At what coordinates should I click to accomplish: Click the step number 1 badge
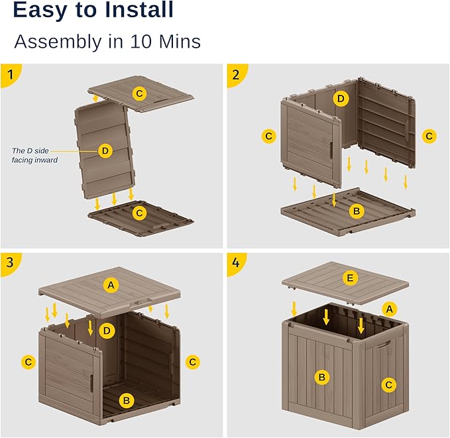pyautogui.click(x=9, y=74)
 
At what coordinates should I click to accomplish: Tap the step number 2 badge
pyautogui.click(x=235, y=74)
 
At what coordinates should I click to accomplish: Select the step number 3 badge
pyautogui.click(x=9, y=262)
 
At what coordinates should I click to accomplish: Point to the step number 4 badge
pyautogui.click(x=235, y=262)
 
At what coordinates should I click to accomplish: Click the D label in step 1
pyautogui.click(x=105, y=151)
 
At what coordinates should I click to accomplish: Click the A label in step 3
pyautogui.click(x=111, y=285)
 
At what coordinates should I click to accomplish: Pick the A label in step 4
pyautogui.click(x=389, y=308)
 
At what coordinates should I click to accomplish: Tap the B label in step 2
pyautogui.click(x=356, y=212)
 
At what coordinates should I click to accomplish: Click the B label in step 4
pyautogui.click(x=322, y=378)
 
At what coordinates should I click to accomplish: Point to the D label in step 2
pyautogui.click(x=341, y=99)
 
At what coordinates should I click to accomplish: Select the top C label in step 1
pyautogui.click(x=139, y=93)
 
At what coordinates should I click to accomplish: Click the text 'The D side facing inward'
pyautogui.click(x=34, y=155)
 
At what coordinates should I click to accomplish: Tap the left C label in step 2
pyautogui.click(x=268, y=136)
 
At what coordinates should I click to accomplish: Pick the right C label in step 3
pyautogui.click(x=193, y=362)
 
